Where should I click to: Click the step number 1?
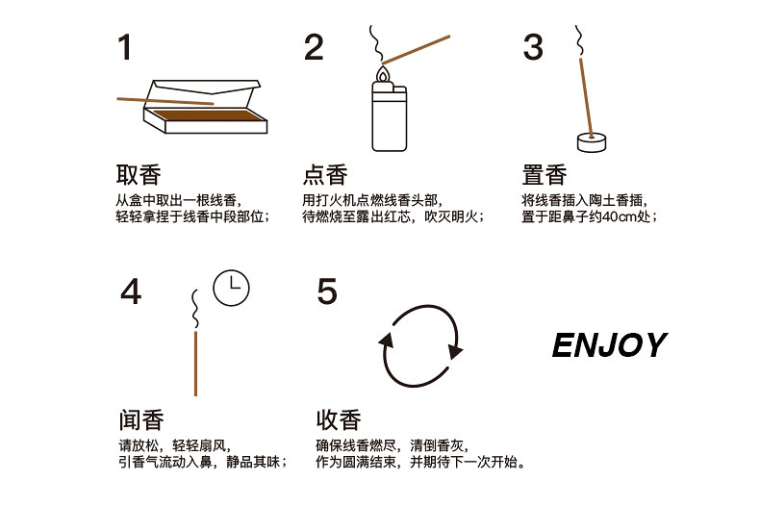click(x=125, y=47)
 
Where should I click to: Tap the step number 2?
click(x=314, y=47)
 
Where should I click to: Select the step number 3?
click(x=533, y=47)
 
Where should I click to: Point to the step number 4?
click(x=131, y=291)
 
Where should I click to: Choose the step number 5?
click(x=327, y=291)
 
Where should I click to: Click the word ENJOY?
click(x=610, y=345)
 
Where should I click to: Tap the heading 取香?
click(x=139, y=174)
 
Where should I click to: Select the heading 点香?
click(x=325, y=174)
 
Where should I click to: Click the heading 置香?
click(x=545, y=174)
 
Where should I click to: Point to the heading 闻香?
click(x=141, y=419)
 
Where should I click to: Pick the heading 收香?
click(x=339, y=419)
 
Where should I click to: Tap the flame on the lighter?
click(x=384, y=75)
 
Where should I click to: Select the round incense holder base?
click(x=592, y=143)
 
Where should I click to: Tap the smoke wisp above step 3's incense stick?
click(x=579, y=41)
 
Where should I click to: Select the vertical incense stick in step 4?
click(x=195, y=364)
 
